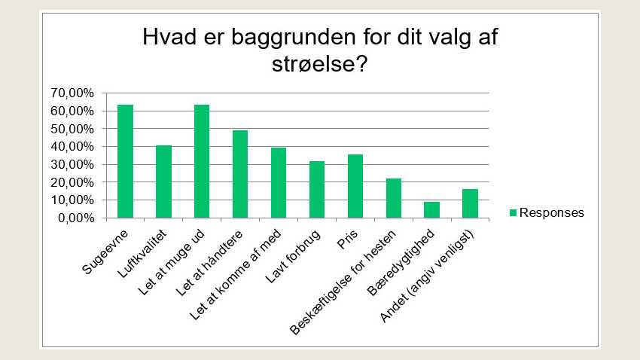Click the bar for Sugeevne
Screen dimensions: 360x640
pyautogui.click(x=125, y=162)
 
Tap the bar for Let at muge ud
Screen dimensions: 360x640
pyautogui.click(x=202, y=162)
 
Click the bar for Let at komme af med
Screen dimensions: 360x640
pyautogui.click(x=279, y=183)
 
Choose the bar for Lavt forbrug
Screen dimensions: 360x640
pyautogui.click(x=317, y=190)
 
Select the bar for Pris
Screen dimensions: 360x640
pyautogui.click(x=355, y=187)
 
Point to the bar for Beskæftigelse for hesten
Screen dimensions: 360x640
pyautogui.click(x=394, y=199)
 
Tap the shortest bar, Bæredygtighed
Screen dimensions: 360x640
pyautogui.click(x=431, y=210)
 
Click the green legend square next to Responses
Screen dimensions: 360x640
pyautogui.click(x=514, y=213)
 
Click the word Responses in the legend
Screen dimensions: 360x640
pyautogui.click(x=551, y=213)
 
